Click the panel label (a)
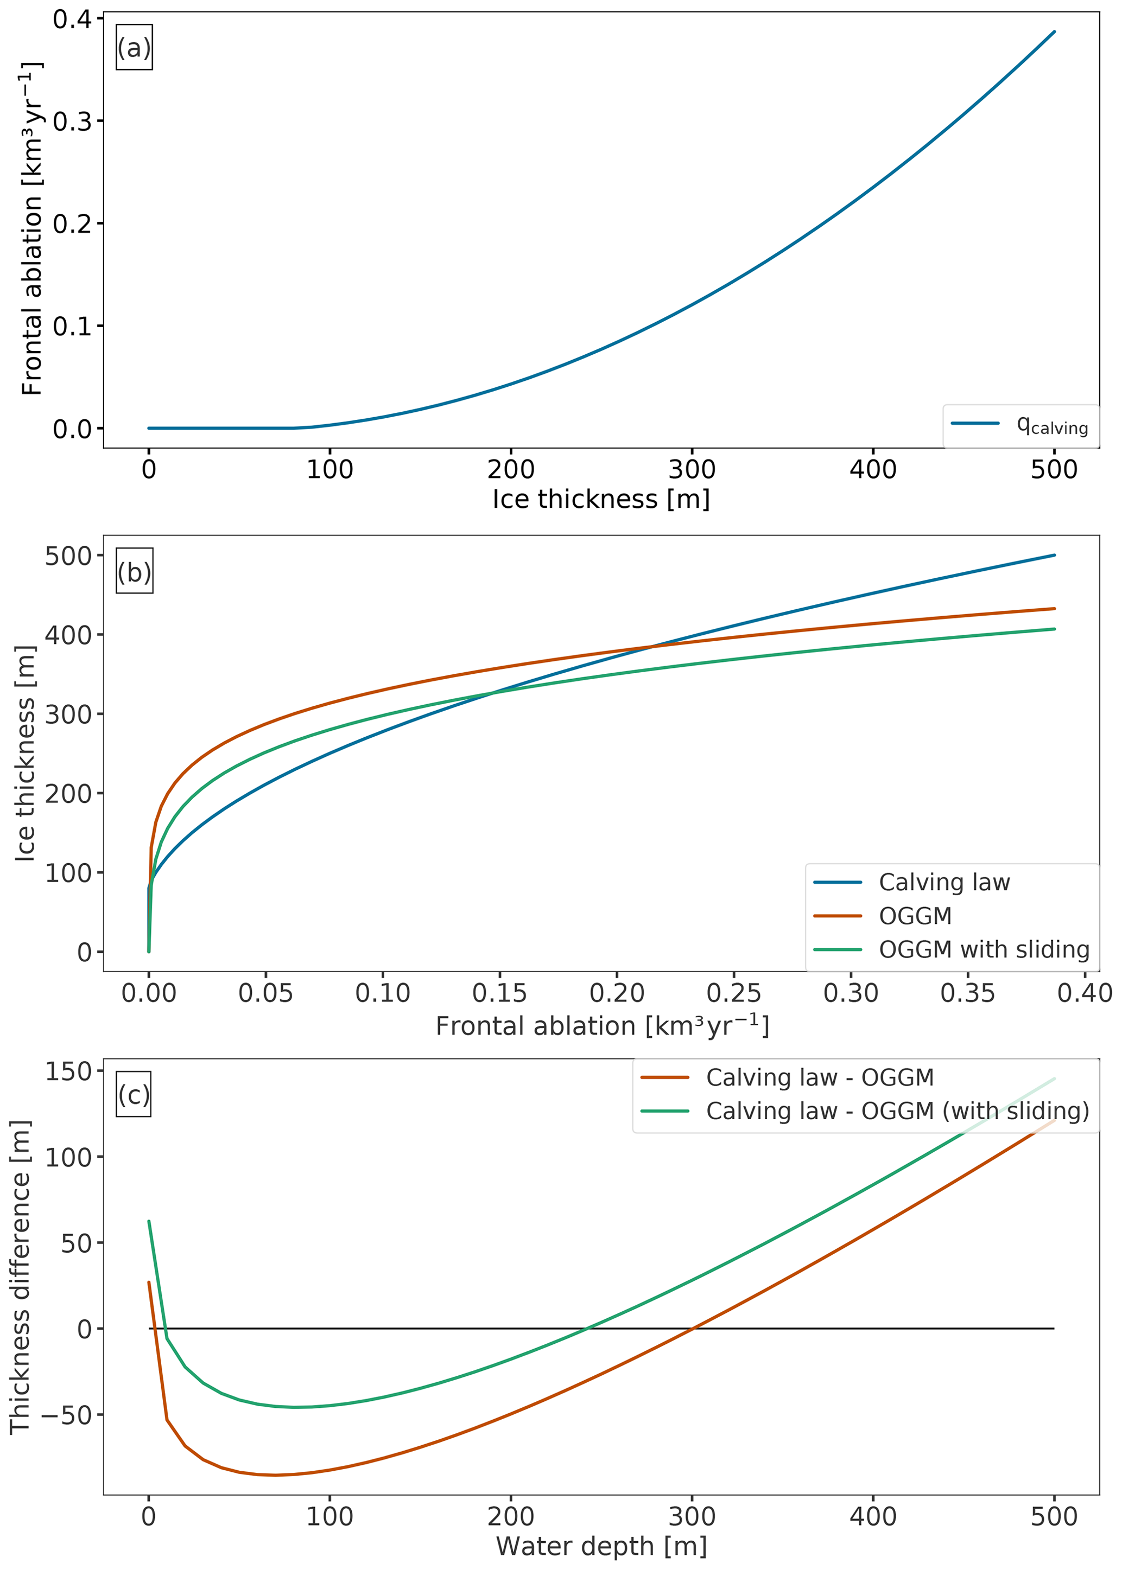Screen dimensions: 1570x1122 coord(134,48)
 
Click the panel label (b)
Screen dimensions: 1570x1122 coord(134,572)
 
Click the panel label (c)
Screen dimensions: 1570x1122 coord(134,1094)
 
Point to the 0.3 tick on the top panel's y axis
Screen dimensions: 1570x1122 coord(78,122)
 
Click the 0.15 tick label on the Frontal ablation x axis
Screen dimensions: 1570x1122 coord(499,993)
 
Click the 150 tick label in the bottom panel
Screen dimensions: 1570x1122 coord(68,1071)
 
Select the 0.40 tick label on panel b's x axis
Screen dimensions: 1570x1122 coord(1085,993)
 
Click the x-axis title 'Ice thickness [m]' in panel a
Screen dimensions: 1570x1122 coord(601,499)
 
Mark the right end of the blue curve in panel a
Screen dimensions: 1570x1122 coord(1054,32)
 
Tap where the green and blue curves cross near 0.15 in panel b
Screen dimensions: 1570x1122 coord(492,693)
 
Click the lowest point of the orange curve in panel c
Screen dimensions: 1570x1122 coord(275,1475)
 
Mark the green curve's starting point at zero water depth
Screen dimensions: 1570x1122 coord(149,1221)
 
